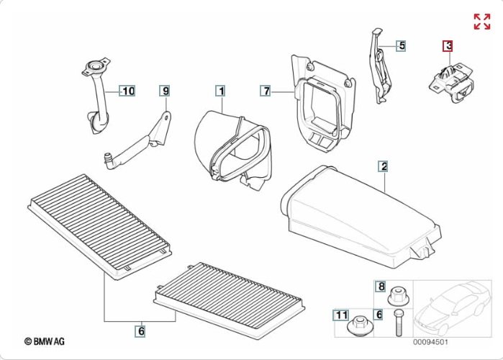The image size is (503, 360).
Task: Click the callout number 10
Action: coord(127,91)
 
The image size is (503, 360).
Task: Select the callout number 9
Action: coord(166,91)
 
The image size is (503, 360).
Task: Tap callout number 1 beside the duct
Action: coord(220,91)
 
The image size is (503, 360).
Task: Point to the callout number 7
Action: coord(266,91)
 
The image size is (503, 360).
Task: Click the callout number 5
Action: coord(402,45)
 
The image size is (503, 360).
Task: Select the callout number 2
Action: coord(384,167)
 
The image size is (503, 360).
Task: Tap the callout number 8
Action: coord(381,287)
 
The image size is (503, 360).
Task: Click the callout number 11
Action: coord(340,315)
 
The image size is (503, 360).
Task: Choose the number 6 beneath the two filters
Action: coord(141,331)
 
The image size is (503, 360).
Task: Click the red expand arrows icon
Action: coord(481,22)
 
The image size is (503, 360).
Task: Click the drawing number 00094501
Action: coord(430,342)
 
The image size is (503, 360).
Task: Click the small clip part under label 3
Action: coord(451,79)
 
